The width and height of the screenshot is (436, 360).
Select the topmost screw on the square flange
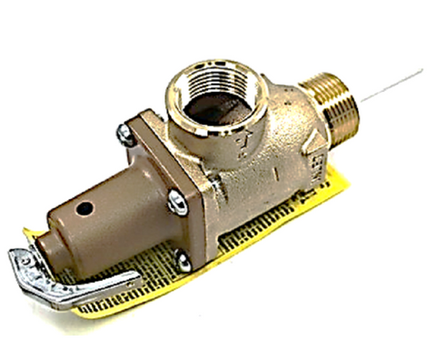point(124,135)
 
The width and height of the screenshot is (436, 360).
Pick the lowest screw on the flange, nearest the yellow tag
point(183,262)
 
